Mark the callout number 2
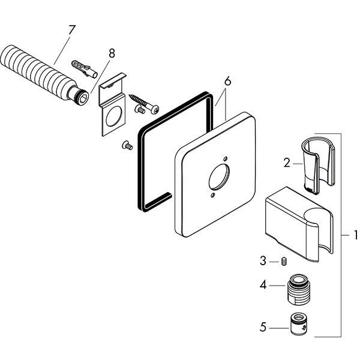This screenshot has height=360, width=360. [287, 162]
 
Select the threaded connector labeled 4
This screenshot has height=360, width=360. [299, 287]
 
